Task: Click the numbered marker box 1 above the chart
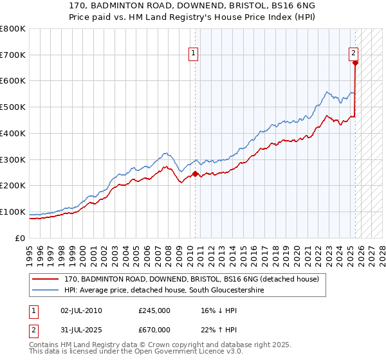194,54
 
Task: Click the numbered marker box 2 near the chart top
354,54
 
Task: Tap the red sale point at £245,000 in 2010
195,173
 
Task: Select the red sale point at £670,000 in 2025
355,62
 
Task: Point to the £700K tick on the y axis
14,55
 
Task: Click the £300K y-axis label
14,159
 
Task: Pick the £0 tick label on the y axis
21,238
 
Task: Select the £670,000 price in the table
154,330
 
